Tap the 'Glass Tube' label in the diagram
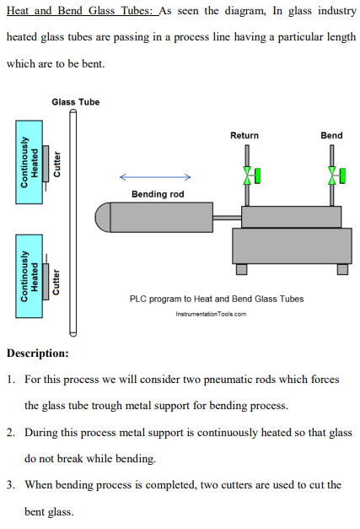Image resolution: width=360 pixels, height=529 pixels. [x=75, y=102]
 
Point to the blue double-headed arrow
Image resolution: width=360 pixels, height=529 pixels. [x=155, y=177]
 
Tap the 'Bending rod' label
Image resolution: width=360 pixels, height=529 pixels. [x=157, y=194]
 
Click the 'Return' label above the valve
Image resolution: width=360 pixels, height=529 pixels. [x=244, y=135]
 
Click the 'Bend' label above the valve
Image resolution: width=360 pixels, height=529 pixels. [x=331, y=135]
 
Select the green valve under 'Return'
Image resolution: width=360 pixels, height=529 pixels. [x=250, y=175]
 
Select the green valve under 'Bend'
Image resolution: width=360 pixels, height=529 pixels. [x=336, y=175]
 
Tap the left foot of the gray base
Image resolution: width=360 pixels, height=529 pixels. [x=242, y=269]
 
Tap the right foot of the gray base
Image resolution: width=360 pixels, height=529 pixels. [x=342, y=269]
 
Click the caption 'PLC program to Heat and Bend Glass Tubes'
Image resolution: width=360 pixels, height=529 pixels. [x=217, y=299]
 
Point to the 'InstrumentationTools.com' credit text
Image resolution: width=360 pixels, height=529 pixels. [x=211, y=314]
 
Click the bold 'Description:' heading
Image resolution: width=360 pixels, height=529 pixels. [x=37, y=353]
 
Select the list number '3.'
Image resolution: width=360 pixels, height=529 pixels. [x=11, y=484]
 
